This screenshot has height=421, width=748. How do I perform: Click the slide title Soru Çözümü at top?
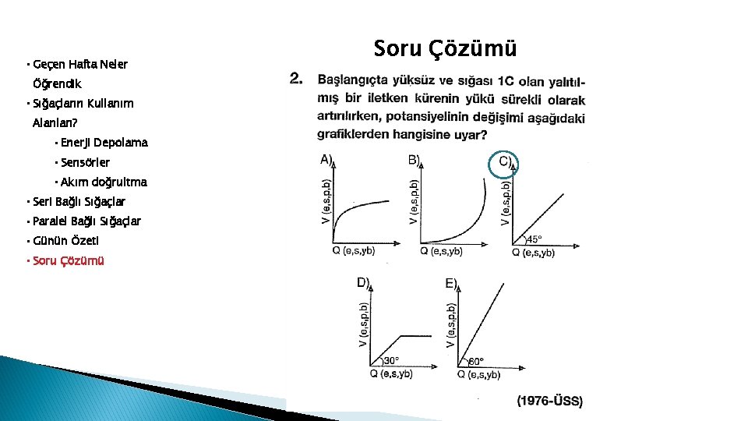point(445,48)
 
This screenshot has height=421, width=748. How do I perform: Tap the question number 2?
point(296,79)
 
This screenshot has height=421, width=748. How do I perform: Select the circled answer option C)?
point(506,162)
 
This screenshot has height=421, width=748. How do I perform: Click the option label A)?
point(326,160)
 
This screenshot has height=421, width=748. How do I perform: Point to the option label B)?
point(414,160)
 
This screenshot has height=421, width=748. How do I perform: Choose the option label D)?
point(363,283)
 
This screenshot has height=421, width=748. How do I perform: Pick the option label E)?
point(452,283)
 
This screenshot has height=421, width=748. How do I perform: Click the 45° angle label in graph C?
point(535,240)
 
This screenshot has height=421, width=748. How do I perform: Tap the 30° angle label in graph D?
point(391,361)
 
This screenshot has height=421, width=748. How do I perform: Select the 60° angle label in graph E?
point(476,361)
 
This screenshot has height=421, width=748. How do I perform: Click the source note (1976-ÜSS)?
point(549,401)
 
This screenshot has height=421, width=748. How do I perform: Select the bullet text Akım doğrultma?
point(103,182)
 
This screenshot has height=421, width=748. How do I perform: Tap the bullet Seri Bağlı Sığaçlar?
point(78,201)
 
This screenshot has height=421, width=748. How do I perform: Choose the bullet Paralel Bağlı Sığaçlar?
point(86,221)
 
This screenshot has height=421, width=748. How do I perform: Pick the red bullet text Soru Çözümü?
point(68,260)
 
